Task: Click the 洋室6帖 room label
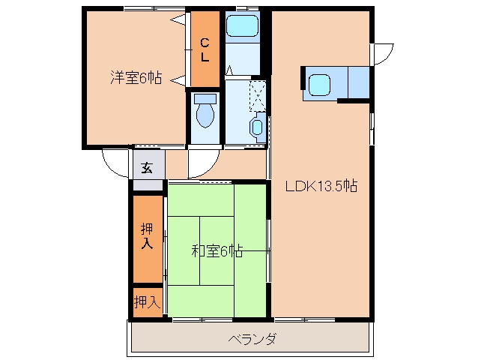coord(136,76)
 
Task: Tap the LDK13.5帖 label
coord(320,187)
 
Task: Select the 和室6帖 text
coord(217,251)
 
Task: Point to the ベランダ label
coord(252,339)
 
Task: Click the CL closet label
coord(205,49)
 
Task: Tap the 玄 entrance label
coord(148,166)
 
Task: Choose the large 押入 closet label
coord(148,236)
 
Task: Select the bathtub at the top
coord(241,27)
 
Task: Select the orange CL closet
coord(205,49)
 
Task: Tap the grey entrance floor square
coord(148,166)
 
